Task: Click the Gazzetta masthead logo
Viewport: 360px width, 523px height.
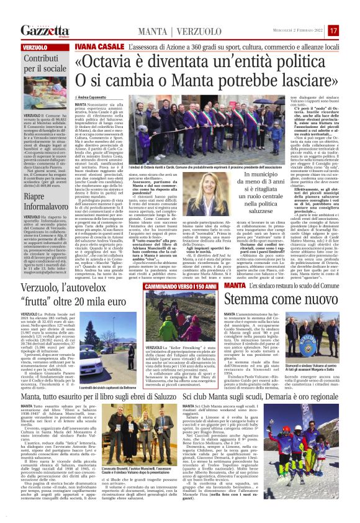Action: click(45, 30)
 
